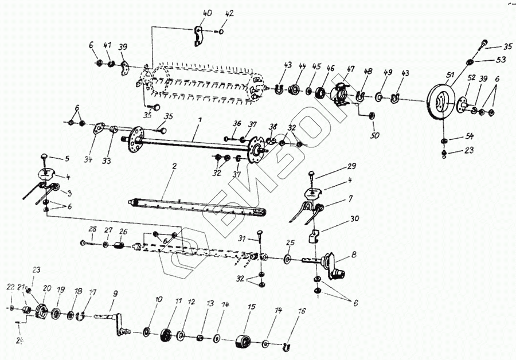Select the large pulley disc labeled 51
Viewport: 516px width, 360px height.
tap(440, 101)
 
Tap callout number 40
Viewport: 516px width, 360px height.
tap(207, 12)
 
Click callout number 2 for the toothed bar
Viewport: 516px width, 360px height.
tap(174, 166)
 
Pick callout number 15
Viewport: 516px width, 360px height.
tap(251, 307)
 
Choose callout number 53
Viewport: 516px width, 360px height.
tap(501, 60)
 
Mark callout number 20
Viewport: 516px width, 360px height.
tap(47, 288)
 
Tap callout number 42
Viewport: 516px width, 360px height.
tap(230, 12)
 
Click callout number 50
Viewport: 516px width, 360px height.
tap(375, 136)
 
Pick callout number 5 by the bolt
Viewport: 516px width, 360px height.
tap(67, 158)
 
